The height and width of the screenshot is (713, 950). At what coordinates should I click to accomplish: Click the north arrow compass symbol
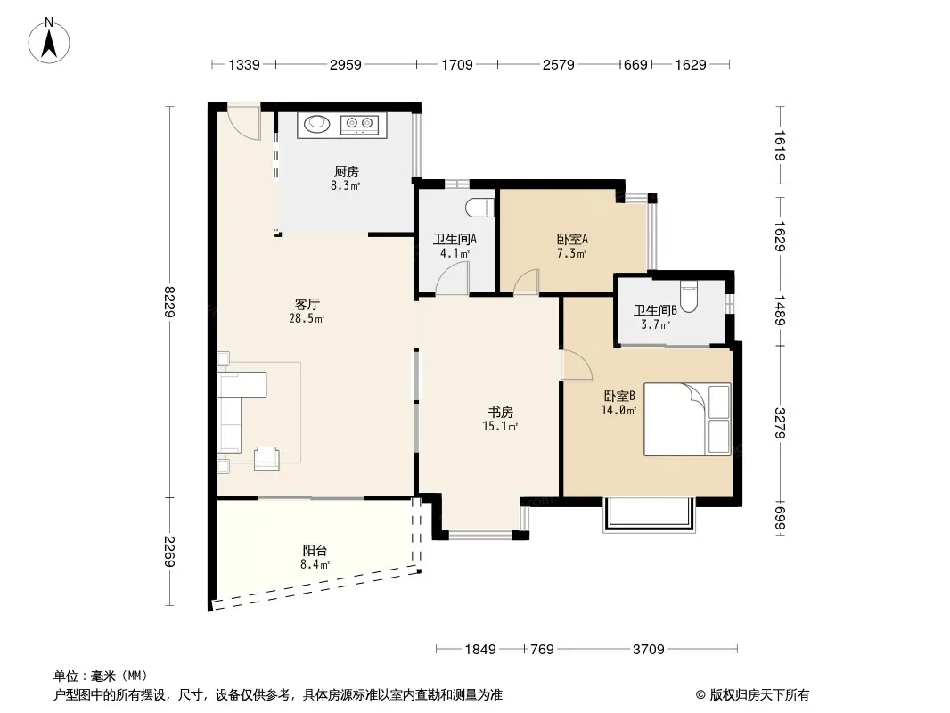click(x=49, y=40)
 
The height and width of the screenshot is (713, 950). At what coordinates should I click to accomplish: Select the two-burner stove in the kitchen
click(x=359, y=124)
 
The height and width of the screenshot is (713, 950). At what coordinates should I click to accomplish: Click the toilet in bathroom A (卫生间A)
click(x=480, y=207)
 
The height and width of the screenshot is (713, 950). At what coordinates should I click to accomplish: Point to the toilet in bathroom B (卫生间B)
click(x=690, y=295)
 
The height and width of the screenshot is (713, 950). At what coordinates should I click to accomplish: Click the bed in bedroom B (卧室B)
click(x=687, y=419)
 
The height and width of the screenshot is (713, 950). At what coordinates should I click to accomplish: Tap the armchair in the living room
click(x=266, y=458)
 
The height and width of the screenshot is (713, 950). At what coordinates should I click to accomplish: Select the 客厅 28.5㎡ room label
click(x=307, y=311)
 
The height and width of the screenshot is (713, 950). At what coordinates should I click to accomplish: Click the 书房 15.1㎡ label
click(x=501, y=419)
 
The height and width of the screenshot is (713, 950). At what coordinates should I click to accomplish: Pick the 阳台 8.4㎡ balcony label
click(x=315, y=557)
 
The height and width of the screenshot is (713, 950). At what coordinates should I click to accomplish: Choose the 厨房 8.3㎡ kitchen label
click(x=346, y=178)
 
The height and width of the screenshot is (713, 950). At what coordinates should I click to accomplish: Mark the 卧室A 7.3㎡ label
click(x=572, y=246)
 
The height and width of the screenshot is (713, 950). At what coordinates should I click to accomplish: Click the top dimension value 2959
click(x=346, y=64)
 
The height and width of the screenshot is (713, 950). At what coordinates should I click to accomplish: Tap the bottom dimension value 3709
click(x=648, y=650)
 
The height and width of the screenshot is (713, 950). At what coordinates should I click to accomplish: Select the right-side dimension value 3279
click(x=781, y=422)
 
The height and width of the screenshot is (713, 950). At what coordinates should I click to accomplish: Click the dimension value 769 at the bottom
click(x=542, y=650)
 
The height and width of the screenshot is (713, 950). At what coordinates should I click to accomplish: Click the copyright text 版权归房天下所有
click(x=759, y=695)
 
